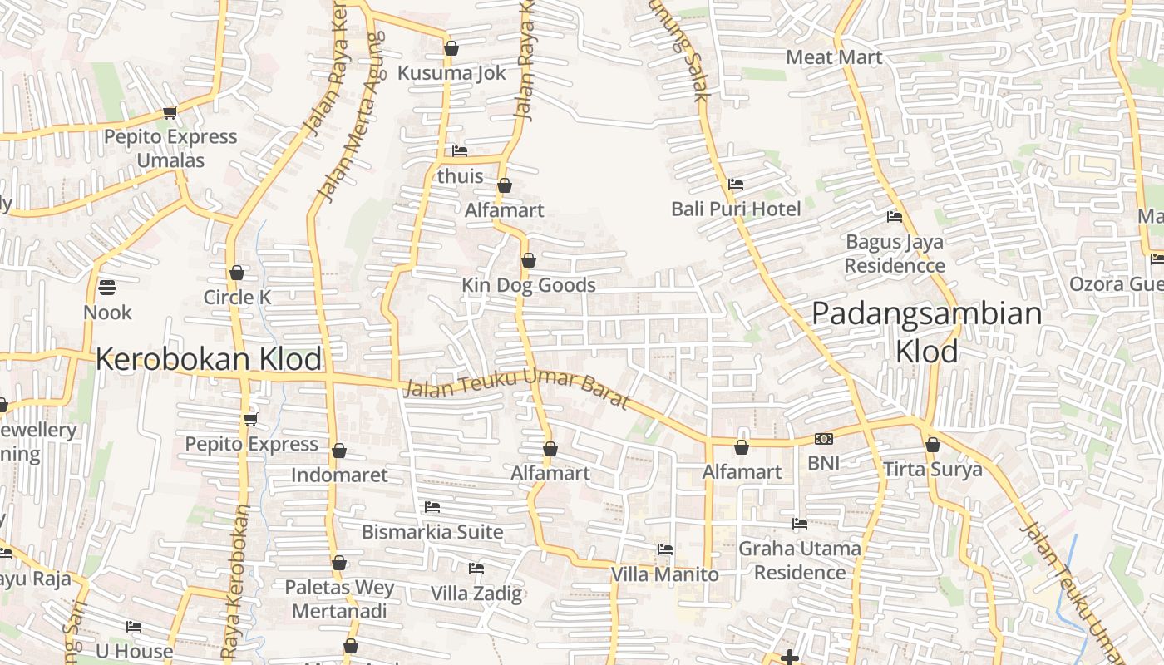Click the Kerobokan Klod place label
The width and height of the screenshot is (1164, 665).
[x=209, y=359]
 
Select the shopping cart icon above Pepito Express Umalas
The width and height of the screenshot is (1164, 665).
[x=170, y=113]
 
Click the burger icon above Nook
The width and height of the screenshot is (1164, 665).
[x=107, y=288]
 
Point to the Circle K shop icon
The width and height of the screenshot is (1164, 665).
[x=237, y=273]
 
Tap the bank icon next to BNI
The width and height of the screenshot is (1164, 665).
[x=824, y=439]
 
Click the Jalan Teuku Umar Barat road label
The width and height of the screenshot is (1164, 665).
[x=515, y=392]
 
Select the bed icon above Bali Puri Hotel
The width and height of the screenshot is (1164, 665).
[x=736, y=185]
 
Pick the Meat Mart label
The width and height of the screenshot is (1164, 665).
[x=834, y=57]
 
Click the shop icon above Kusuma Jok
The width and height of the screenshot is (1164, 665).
[x=451, y=48]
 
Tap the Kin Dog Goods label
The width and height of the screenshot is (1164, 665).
[x=529, y=285]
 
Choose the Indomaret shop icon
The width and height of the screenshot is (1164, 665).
[x=339, y=451]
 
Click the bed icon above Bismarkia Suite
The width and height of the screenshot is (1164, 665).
[x=432, y=507]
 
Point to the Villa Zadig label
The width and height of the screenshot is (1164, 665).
[x=476, y=594]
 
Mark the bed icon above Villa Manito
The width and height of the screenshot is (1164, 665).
[x=665, y=549]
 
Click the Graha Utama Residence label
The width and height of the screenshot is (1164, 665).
[x=800, y=560]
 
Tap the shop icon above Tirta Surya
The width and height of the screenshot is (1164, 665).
[x=933, y=445]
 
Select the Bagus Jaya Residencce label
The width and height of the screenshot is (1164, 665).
[x=895, y=254]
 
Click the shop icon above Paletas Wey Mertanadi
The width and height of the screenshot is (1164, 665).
[x=339, y=563]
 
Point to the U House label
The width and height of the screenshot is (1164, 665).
[x=134, y=651]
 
